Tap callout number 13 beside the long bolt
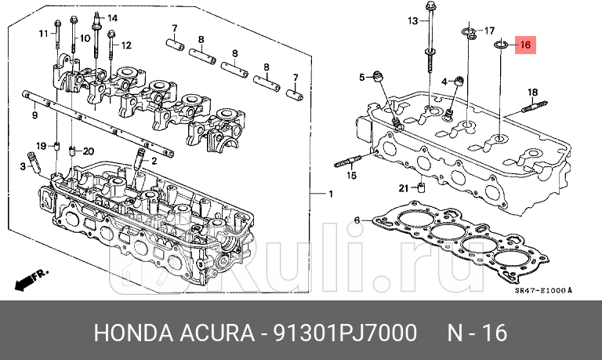pos(413,21)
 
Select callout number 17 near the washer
pos(489,31)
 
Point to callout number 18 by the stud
pos(531,92)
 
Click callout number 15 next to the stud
pos(351,176)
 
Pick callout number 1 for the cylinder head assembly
pos(330,194)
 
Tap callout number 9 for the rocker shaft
pos(34,115)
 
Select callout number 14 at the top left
pos(112,18)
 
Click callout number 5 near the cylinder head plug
pos(362,77)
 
